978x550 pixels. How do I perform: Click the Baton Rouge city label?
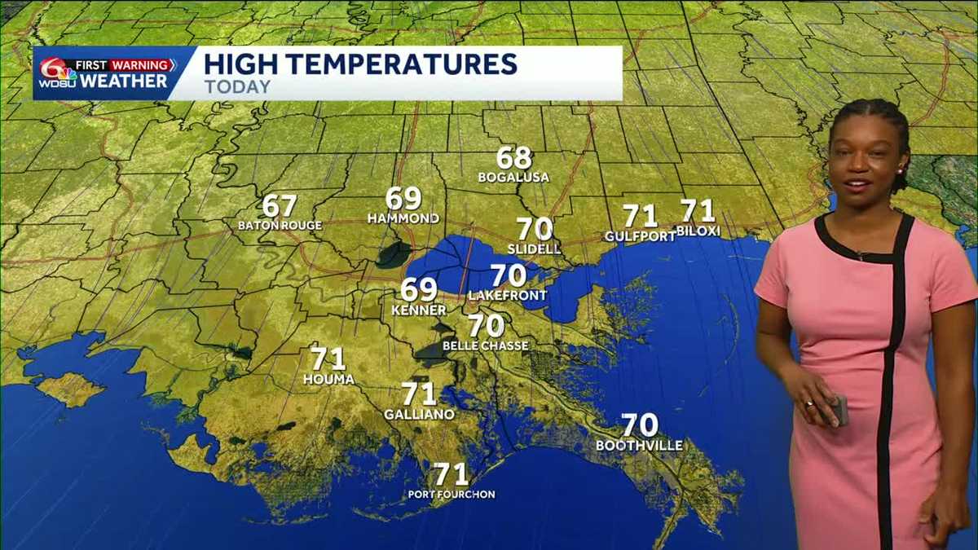tap(280, 225)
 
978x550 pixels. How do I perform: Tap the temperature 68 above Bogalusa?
tap(514, 157)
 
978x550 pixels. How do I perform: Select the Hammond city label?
tap(403, 218)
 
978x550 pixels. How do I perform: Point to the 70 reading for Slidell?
tap(535, 229)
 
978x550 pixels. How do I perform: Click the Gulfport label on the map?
tap(640, 236)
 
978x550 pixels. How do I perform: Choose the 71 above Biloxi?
tap(698, 211)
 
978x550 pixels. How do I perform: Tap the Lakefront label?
tap(507, 296)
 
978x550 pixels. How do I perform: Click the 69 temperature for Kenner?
tap(419, 289)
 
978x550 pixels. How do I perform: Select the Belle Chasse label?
tap(485, 345)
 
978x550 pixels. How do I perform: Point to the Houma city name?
tap(328, 379)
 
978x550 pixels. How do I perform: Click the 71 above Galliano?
tap(419, 394)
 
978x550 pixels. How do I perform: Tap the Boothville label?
tap(639, 446)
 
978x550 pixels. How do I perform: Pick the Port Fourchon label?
tap(452, 495)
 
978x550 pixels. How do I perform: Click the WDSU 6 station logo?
tap(56, 74)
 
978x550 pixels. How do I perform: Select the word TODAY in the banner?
tap(237, 86)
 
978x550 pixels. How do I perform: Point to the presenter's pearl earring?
tap(902, 171)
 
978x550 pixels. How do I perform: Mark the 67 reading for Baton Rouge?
tap(280, 206)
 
